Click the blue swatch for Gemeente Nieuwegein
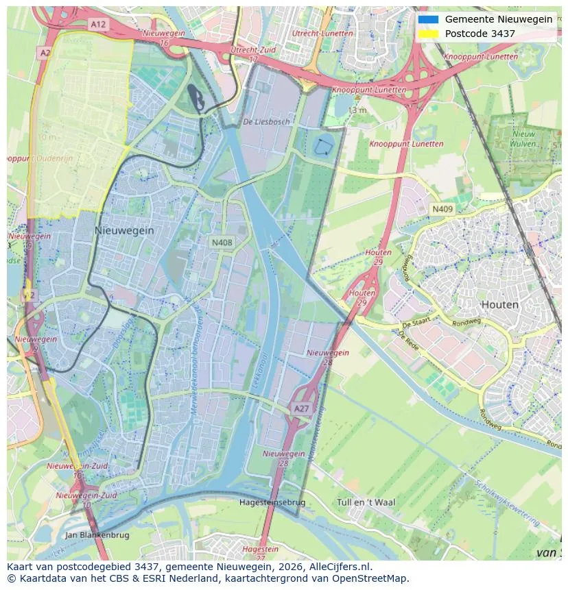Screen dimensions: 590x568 428,19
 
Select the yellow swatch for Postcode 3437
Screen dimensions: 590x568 428,34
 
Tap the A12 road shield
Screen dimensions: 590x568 98,24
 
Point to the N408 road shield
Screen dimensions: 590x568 222,242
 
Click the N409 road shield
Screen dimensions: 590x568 442,208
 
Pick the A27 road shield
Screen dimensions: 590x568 302,408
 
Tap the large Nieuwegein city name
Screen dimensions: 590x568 124,231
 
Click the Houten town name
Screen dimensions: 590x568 499,304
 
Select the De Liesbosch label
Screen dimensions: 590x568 266,121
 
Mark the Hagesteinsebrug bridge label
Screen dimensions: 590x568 272,502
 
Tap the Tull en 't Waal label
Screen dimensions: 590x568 366,502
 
